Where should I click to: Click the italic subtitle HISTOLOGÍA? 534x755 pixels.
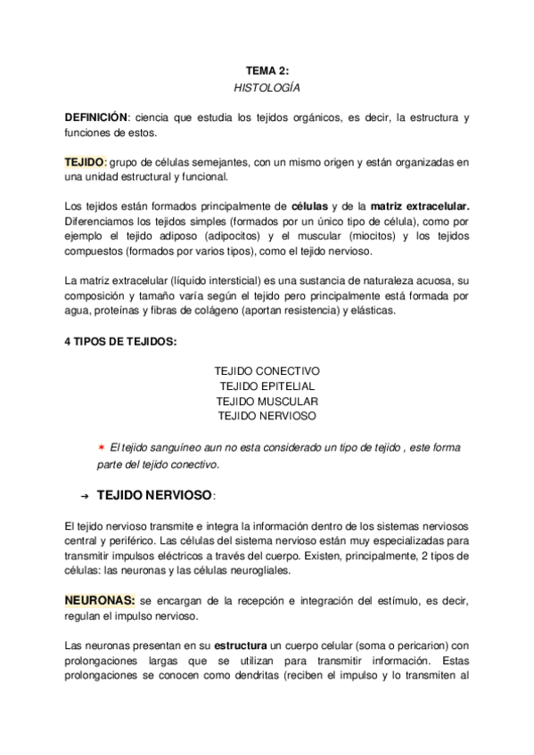pyautogui.click(x=267, y=88)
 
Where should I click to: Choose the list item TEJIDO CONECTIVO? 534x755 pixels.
pyautogui.click(x=267, y=369)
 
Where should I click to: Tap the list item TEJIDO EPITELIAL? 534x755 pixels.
pyautogui.click(x=267, y=386)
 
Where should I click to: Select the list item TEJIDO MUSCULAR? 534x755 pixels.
pyautogui.click(x=267, y=401)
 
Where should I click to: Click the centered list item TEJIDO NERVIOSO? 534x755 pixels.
pyautogui.click(x=267, y=416)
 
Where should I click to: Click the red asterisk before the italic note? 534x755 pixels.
pyautogui.click(x=102, y=447)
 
